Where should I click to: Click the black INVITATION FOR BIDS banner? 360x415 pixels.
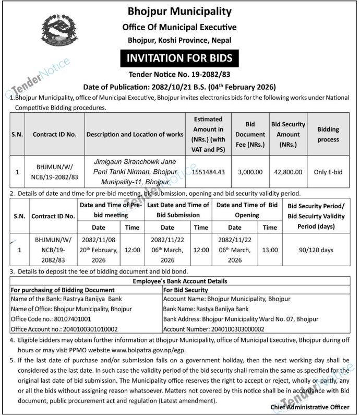pos(179,57)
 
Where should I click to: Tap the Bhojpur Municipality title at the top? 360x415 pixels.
pos(179,11)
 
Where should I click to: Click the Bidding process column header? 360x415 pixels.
pos(328,134)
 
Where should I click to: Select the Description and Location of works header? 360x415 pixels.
pos(135,134)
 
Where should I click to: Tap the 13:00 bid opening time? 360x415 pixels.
pos(270,250)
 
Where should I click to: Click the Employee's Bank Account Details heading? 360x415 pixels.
pos(179,281)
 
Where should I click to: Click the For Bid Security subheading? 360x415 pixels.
pos(186,290)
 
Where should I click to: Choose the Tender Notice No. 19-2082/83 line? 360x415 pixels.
pos(179,75)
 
